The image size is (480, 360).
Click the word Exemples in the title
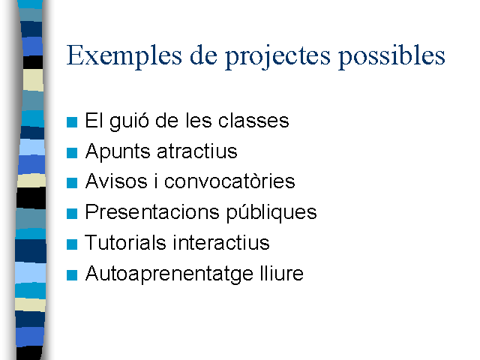click(x=124, y=55)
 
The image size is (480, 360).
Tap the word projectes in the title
click(x=278, y=57)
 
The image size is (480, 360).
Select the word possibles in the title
click(x=391, y=57)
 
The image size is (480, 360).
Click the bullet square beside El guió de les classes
click(x=72, y=122)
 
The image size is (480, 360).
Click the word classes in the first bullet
click(x=253, y=120)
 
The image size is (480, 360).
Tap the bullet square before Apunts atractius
click(x=72, y=153)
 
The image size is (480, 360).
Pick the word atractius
click(x=197, y=151)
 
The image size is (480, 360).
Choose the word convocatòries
click(x=229, y=181)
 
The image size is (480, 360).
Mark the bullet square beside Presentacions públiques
click(x=72, y=213)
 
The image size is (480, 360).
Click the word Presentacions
click(x=152, y=211)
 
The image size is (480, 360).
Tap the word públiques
click(x=271, y=213)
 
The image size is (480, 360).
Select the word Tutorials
click(x=125, y=242)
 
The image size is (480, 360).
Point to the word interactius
click(x=221, y=242)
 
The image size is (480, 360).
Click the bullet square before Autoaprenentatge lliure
click(x=72, y=275)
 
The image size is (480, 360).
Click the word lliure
click(x=282, y=273)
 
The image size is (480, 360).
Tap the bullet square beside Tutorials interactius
click(x=72, y=244)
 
